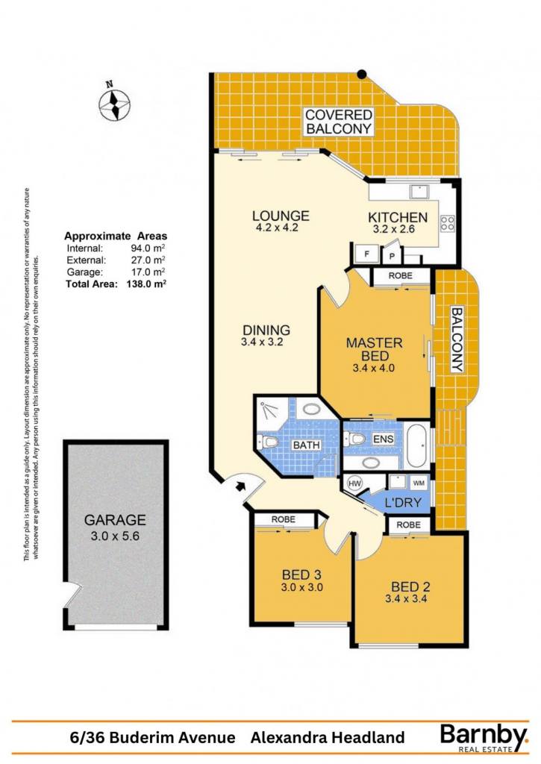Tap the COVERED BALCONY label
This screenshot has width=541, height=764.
(339, 122)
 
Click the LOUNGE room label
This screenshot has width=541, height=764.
(281, 216)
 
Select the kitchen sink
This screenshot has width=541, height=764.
(418, 192)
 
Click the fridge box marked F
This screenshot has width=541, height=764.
(366, 254)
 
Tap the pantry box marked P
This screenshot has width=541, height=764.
(391, 257)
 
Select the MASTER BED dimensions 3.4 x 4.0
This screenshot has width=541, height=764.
(373, 369)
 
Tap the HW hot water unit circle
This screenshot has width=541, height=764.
(354, 483)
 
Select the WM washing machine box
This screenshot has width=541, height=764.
(418, 483)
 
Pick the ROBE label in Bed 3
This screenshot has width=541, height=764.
(283, 519)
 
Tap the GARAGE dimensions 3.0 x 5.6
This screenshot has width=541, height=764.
(115, 536)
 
